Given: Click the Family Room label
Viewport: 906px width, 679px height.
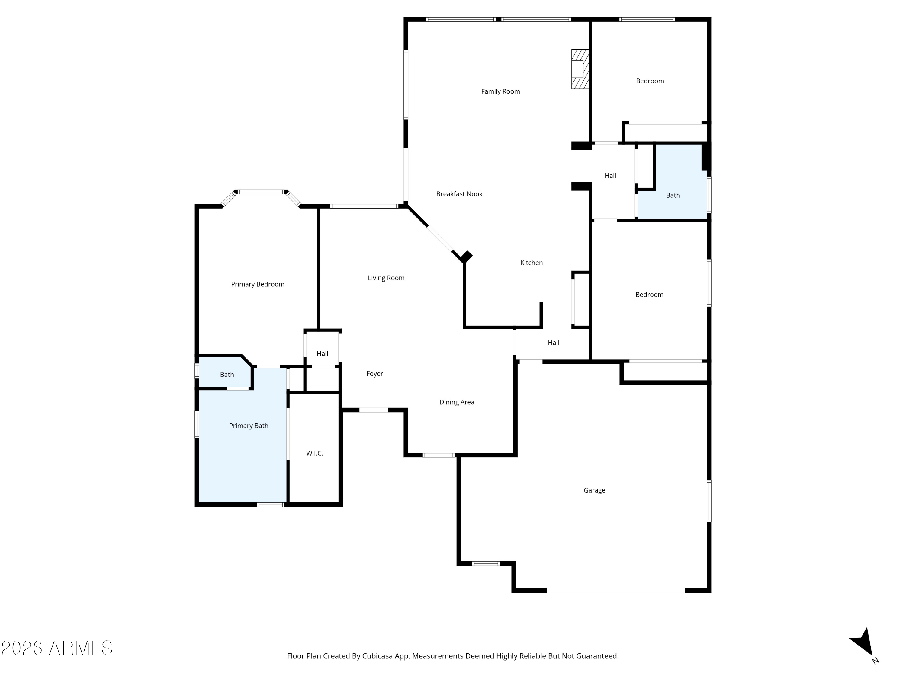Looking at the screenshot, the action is click(x=500, y=91).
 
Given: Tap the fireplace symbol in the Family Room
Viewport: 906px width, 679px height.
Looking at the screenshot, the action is click(x=580, y=69).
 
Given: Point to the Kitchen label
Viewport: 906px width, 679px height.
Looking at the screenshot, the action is click(x=531, y=263).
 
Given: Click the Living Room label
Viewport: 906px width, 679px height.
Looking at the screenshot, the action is click(x=386, y=278).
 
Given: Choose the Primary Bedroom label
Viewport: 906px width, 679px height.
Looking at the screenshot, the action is click(x=258, y=284).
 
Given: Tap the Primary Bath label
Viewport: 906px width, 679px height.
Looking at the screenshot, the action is click(x=249, y=426).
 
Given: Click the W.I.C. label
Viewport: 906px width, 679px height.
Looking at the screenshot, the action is click(x=315, y=453).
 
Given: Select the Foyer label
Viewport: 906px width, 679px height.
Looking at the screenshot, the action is click(x=374, y=374).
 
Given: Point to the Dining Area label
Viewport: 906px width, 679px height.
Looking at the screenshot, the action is click(x=457, y=402).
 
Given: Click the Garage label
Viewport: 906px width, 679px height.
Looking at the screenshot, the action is click(x=594, y=490).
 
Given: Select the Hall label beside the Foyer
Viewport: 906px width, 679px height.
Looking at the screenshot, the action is click(x=322, y=354).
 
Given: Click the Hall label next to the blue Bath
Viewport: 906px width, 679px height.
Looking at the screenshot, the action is click(x=610, y=176).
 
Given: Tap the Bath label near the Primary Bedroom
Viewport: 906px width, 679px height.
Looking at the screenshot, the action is click(x=227, y=375).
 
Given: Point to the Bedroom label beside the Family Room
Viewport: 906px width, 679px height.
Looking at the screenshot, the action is click(x=650, y=81).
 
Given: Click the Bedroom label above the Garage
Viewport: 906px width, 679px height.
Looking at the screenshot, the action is click(x=649, y=295).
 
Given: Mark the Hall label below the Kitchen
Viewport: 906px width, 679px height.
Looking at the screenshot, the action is click(x=553, y=343).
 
